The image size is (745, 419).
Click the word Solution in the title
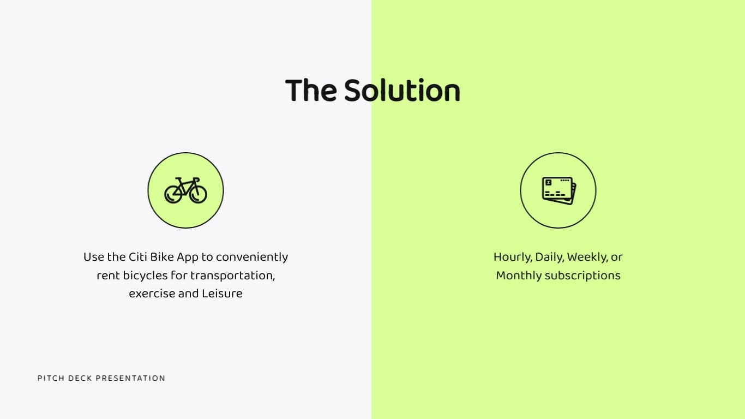tap(402, 91)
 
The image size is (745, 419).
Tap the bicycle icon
tap(185, 190)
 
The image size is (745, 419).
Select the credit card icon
tap(558, 190)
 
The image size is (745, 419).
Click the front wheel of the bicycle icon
tap(198, 194)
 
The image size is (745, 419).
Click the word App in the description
tap(188, 257)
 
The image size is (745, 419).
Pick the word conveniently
tap(252, 257)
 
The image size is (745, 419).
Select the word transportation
tap(232, 276)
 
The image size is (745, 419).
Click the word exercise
tap(152, 294)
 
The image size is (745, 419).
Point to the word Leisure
tap(222, 294)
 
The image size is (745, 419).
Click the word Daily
tap(549, 257)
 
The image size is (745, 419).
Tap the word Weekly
tap(587, 257)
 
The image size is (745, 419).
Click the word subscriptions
tap(583, 276)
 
